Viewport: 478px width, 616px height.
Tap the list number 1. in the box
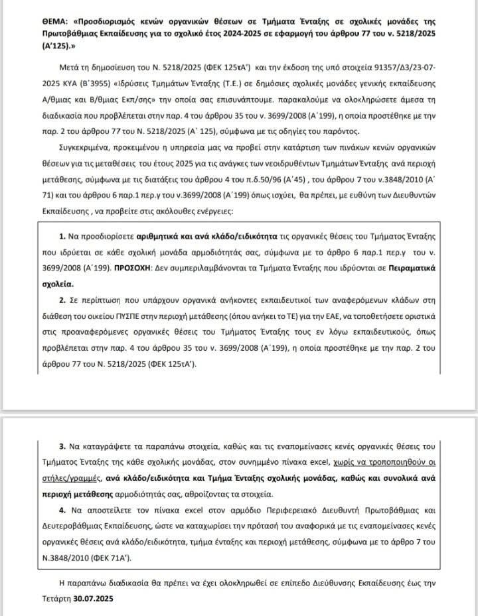(x=64, y=237)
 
